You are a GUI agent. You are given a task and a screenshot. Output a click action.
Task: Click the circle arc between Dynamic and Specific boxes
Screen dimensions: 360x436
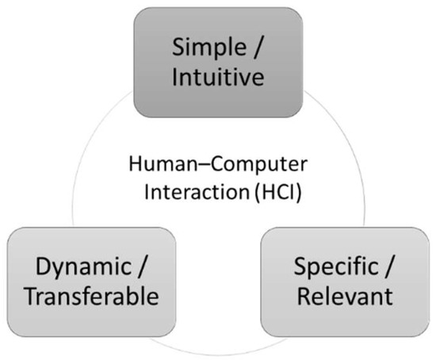coord(217,353)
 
